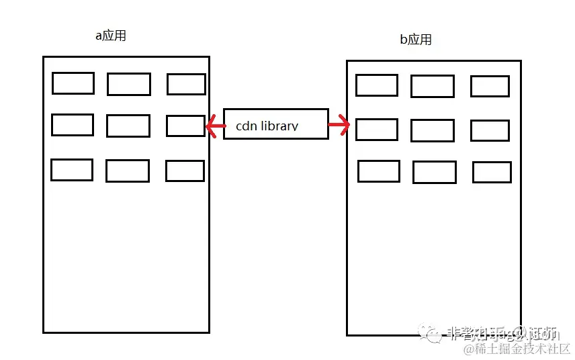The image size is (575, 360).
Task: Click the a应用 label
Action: tap(111, 36)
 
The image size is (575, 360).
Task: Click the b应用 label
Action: tap(416, 40)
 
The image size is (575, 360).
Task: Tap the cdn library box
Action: tap(275, 124)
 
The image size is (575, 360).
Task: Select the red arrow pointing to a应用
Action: tap(216, 125)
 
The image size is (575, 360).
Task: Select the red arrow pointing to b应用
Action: tap(339, 125)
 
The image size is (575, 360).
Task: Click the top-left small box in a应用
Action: tap(73, 83)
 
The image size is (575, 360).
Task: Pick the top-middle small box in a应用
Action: tap(129, 85)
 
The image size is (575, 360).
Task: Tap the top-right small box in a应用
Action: tap(186, 84)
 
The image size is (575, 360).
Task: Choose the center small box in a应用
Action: tap(128, 126)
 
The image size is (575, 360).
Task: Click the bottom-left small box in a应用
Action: tap(72, 170)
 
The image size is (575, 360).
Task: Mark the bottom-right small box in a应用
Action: tap(185, 171)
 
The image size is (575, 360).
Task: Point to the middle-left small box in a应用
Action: tap(73, 125)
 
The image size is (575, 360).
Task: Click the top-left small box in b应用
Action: tap(377, 85)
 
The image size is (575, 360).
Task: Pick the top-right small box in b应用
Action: tap(490, 86)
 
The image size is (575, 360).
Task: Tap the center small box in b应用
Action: tap(432, 130)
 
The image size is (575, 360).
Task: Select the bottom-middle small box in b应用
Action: tap(434, 172)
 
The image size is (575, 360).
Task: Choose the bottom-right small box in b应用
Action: tap(492, 173)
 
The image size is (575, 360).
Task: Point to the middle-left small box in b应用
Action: tap(377, 130)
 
